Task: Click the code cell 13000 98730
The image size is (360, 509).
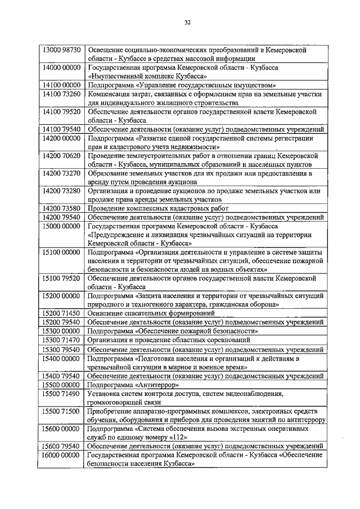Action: tap(62, 50)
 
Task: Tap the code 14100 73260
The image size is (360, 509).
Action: tap(62, 93)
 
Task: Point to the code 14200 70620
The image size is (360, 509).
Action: tap(62, 155)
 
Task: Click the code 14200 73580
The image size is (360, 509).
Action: tap(62, 208)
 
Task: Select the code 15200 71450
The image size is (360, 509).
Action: tap(62, 313)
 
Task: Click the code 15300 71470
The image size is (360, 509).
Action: tap(62, 340)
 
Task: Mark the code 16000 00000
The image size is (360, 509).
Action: tap(62, 455)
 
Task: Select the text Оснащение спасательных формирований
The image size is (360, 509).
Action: tap(151, 313)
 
